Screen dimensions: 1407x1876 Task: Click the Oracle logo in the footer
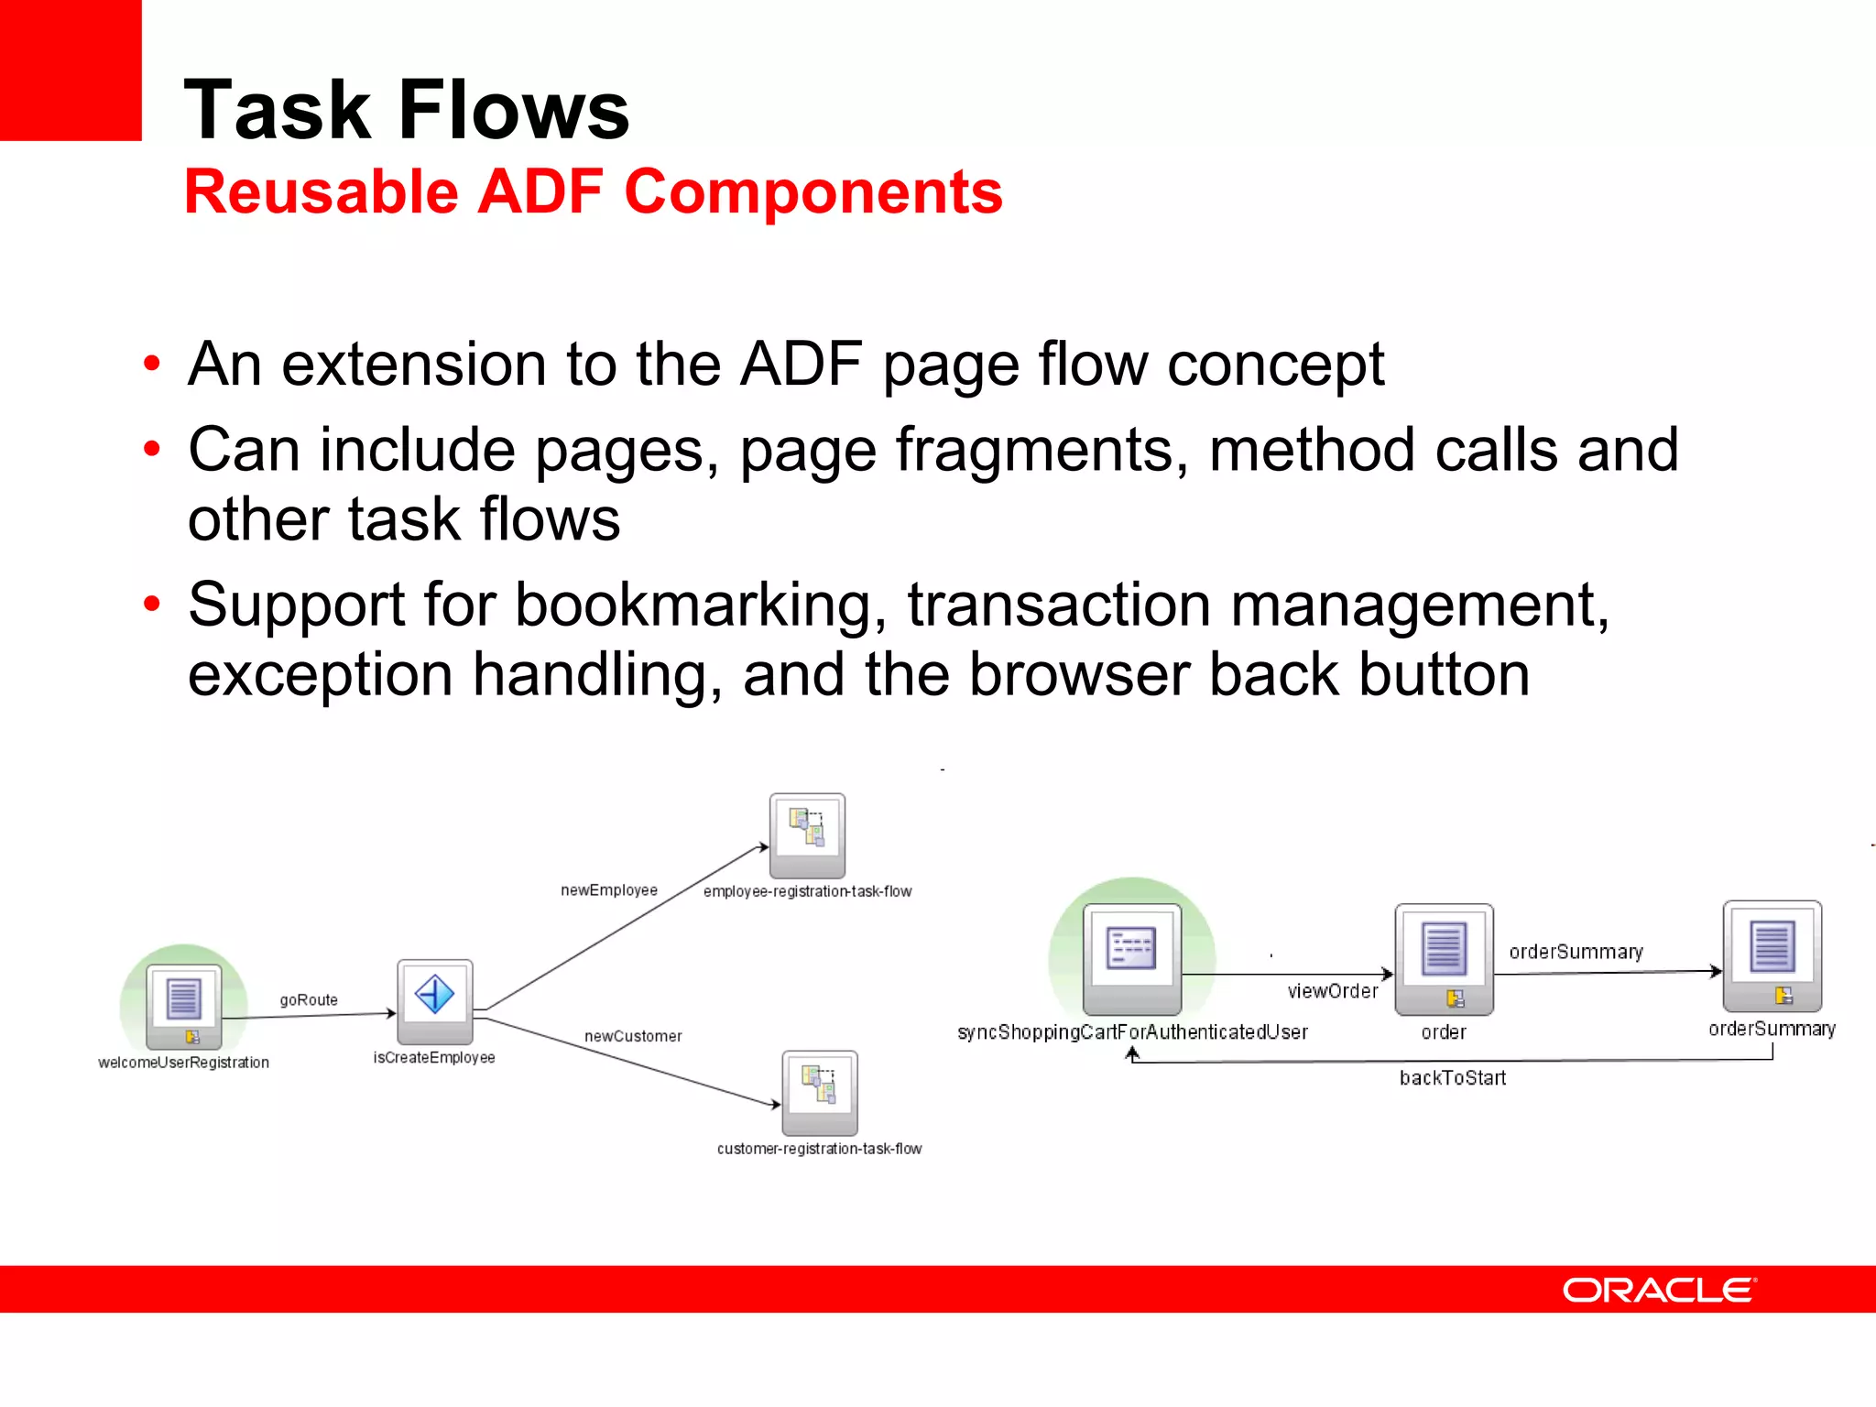(1658, 1290)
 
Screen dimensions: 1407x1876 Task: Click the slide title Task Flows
(406, 110)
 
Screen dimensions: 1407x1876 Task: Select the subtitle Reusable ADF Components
(593, 192)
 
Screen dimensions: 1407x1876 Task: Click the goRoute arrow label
(309, 1000)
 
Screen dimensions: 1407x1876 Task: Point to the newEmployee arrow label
(609, 890)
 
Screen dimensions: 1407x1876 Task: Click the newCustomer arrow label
(633, 1037)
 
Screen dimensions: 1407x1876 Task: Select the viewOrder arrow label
(1332, 991)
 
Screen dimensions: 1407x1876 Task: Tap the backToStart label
(1453, 1078)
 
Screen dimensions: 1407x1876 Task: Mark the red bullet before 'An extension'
(152, 364)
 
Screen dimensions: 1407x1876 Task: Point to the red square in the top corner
(70, 70)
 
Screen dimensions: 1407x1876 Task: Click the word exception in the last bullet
(320, 675)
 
